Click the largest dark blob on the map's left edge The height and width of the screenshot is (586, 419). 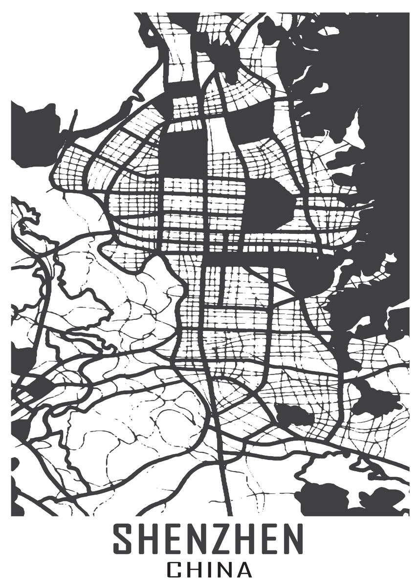[x=34, y=132]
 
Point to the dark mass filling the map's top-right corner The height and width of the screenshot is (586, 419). [x=372, y=73]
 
